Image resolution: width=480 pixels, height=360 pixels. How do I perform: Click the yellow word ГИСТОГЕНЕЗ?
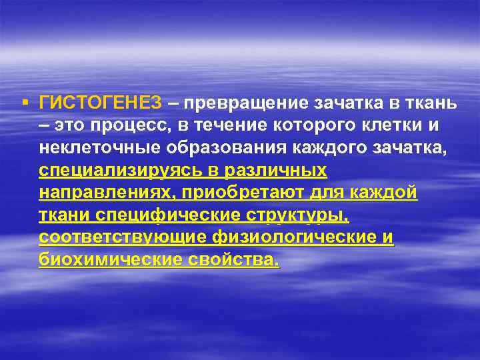point(100,103)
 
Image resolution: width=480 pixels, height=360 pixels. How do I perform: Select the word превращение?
point(239,103)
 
